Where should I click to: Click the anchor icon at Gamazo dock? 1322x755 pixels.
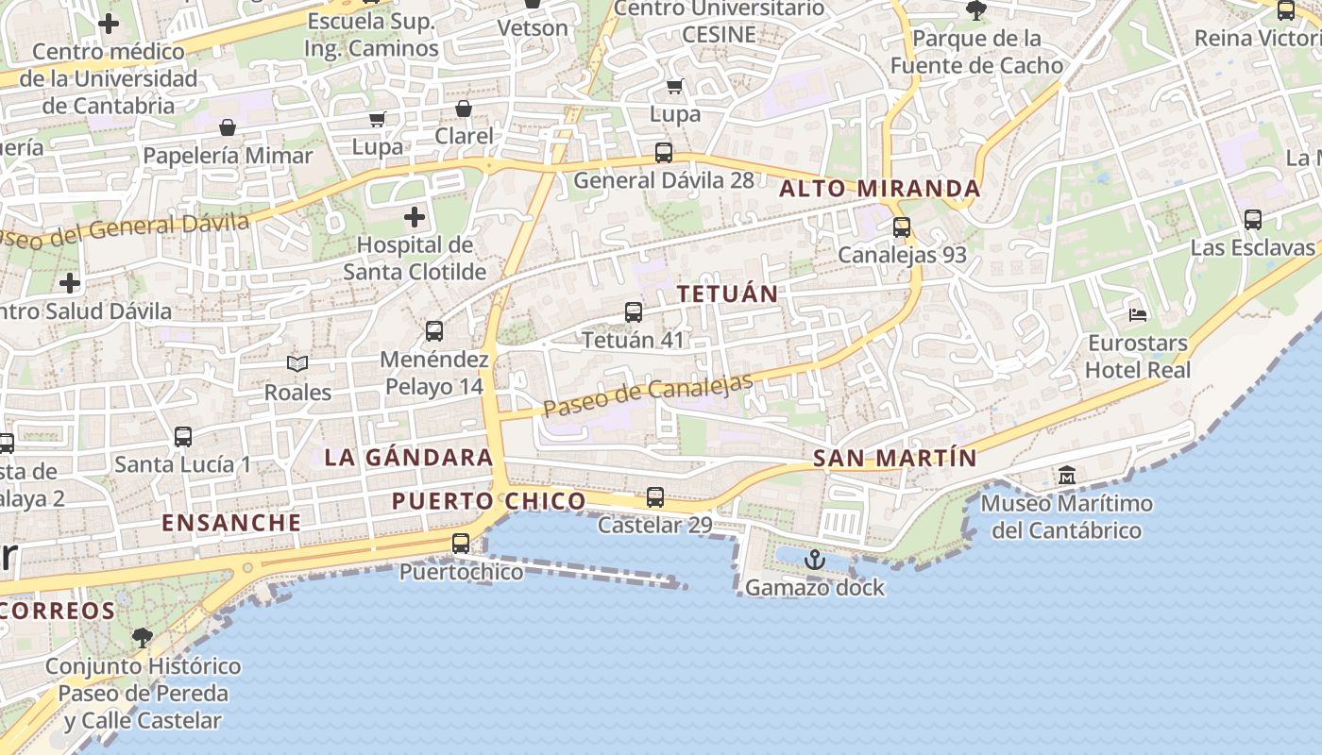814,561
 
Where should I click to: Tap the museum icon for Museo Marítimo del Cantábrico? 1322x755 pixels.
1067,475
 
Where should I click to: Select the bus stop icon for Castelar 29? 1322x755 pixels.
654,497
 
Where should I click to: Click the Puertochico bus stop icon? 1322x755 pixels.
461,544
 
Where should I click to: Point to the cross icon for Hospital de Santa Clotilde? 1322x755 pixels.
415,218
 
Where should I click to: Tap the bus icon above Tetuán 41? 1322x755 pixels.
634,312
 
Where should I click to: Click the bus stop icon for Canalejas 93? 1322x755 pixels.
902,227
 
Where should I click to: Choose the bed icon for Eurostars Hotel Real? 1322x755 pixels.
1138,314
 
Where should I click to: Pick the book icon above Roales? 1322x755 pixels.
297,363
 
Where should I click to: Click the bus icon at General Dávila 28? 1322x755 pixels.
664,153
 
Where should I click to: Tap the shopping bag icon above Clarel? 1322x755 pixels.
464,109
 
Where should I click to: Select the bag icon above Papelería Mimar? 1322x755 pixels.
228,127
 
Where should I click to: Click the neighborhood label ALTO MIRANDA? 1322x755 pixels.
879,189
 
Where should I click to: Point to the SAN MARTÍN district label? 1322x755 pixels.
894,459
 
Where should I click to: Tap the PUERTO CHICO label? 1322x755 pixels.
488,501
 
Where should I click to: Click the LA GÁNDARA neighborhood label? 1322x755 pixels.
408,458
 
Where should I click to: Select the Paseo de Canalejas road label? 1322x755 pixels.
649,395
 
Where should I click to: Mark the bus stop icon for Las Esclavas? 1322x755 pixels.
1253,220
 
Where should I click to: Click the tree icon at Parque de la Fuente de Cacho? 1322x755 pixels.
976,11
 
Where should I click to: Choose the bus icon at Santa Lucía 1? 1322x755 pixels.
183,437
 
